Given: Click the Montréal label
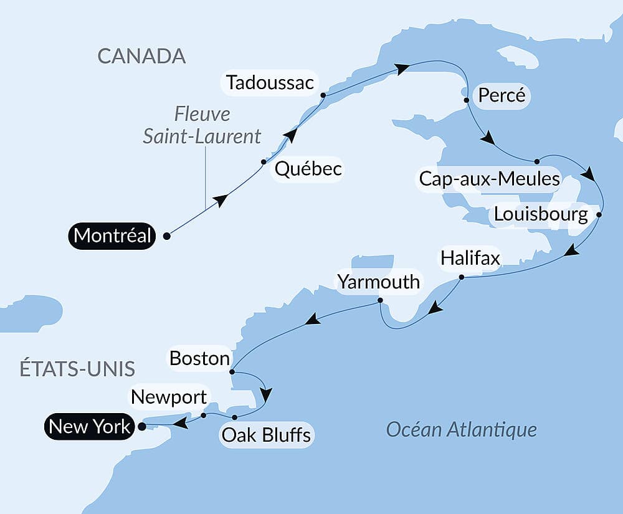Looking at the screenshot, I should tap(112, 236).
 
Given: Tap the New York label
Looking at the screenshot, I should tap(90, 427).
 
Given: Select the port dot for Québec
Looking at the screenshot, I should tap(264, 162).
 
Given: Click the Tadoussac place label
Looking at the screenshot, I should tap(270, 82).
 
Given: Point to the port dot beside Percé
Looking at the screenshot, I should tap(466, 100).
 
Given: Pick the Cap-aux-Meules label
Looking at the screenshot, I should tap(489, 179).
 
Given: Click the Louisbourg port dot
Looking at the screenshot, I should tap(599, 214).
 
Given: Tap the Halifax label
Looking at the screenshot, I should tap(470, 258).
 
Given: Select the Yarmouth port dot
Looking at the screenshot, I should tap(380, 301).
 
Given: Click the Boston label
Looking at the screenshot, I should tap(199, 358).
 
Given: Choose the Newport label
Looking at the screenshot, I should tap(169, 397).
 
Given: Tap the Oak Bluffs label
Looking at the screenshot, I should tap(267, 434).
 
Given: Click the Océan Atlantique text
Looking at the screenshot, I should tap(461, 429).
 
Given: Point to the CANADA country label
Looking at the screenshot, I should tap(141, 56).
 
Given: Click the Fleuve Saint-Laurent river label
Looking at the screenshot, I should tap(202, 125).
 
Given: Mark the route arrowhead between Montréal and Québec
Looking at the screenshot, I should tap(220, 200).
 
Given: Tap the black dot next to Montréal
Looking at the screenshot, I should tap(166, 236).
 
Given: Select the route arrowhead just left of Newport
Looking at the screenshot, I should tap(180, 424).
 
